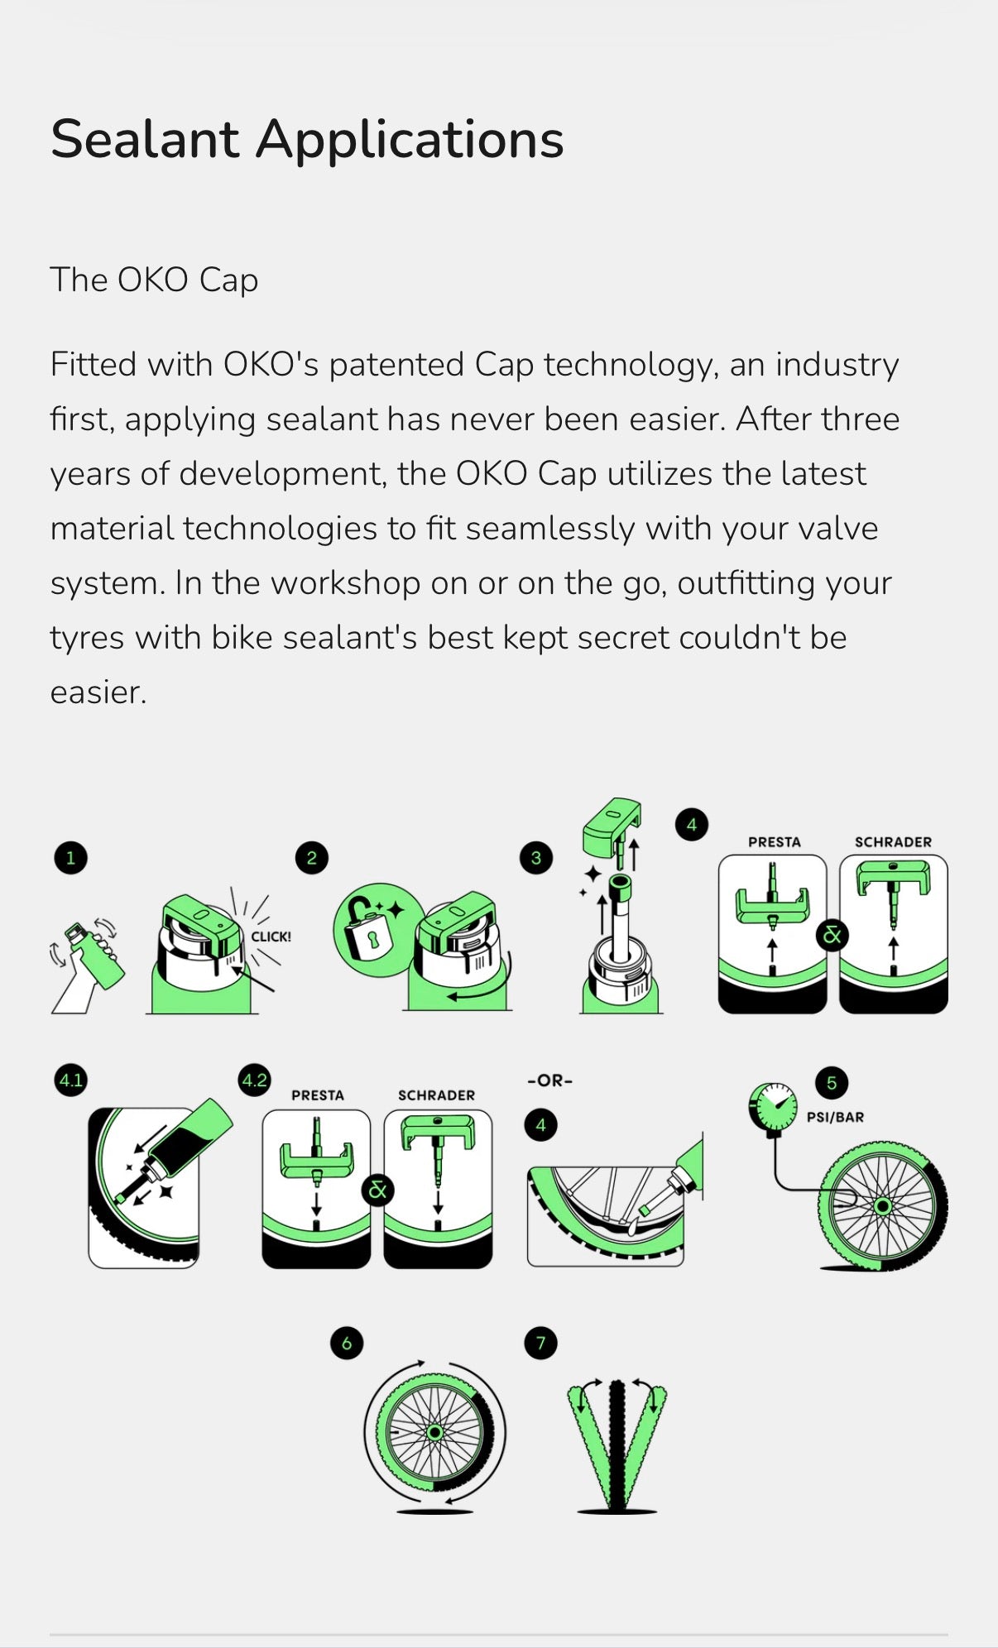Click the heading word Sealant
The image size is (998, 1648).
[145, 138]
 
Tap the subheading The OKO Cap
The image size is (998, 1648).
[154, 280]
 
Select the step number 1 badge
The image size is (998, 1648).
[70, 858]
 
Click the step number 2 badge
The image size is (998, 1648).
[311, 858]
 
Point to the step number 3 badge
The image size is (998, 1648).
[535, 858]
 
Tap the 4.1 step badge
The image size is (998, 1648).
[70, 1080]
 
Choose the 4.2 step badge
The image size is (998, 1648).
[254, 1080]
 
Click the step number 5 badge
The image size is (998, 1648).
[832, 1083]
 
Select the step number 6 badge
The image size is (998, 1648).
[346, 1343]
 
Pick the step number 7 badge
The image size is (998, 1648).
[540, 1342]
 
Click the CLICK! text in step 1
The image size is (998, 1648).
[271, 937]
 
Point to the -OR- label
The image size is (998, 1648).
[550, 1080]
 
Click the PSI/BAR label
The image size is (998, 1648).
[836, 1117]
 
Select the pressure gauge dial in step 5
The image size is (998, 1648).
[773, 1106]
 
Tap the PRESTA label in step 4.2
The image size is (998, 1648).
[318, 1095]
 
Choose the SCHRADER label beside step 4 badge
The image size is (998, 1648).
[893, 842]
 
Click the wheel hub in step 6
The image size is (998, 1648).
[434, 1432]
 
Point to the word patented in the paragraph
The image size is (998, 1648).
[397, 365]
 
